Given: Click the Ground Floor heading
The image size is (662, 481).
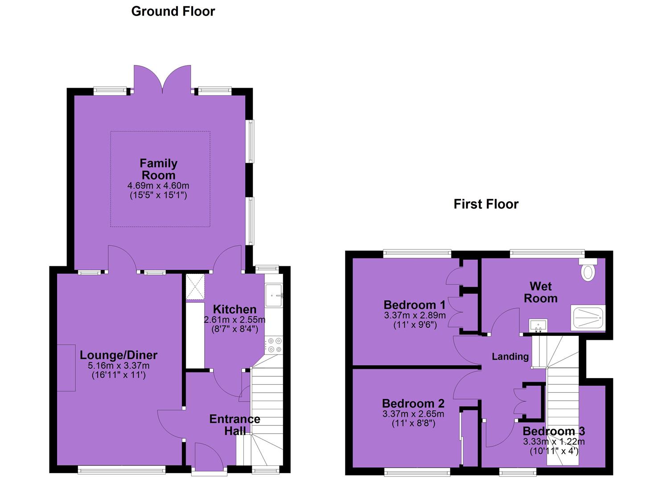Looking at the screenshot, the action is pos(173,12).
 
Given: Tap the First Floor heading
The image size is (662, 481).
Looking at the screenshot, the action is pos(486,204).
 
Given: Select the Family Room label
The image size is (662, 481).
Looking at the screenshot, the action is pos(158,169).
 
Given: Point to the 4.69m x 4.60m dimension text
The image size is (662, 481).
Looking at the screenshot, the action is pos(158,186).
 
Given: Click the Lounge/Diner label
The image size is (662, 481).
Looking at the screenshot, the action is pos(119,355).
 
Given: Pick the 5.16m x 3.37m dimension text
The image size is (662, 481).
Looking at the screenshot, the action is pos(119,366).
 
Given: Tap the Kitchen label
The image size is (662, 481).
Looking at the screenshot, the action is pos(234,309).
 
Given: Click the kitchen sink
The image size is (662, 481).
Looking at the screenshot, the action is pos(274,295).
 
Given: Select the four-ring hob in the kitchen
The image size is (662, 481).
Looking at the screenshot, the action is pos(274,345).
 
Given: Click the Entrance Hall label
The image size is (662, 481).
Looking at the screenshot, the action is pos(235,425).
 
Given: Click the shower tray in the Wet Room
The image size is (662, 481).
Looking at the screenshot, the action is pos(588,318).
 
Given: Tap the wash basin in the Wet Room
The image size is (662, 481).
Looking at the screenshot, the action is pos(538,326).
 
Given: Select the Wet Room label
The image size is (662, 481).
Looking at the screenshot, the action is pos(541,292).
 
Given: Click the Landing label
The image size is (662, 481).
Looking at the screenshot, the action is pos(510,356).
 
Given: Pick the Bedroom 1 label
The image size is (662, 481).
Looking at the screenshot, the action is pos(414,305).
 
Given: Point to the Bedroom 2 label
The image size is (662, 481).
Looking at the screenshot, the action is pos(413,404).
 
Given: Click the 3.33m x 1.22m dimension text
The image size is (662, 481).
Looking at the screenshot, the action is pos(554,441).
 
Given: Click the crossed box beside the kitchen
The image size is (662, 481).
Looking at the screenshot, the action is pos(195,287).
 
